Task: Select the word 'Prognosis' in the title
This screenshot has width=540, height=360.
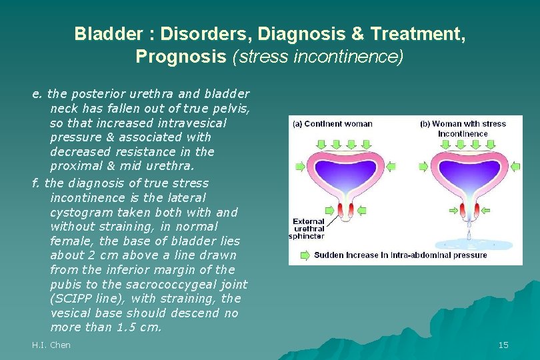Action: [x=181, y=56]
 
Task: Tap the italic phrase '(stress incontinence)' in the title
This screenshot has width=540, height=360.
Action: [x=317, y=56]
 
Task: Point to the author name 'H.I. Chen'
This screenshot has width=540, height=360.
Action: [x=51, y=345]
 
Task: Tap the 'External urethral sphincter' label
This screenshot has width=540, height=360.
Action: [x=308, y=228]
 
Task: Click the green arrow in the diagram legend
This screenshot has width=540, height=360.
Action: [x=305, y=255]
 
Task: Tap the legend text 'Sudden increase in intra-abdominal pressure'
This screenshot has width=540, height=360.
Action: [x=400, y=255]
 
